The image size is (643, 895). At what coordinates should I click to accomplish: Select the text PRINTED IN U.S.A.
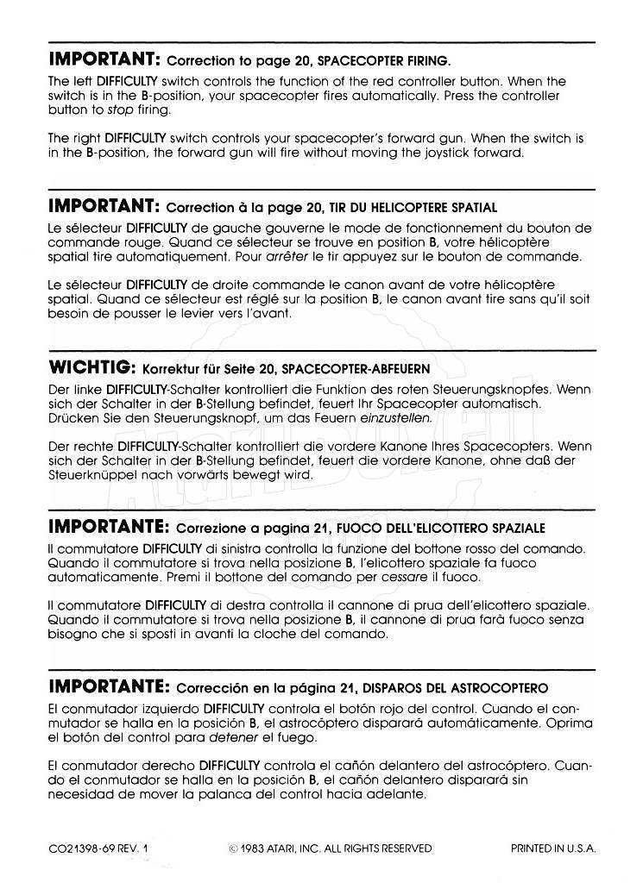[x=553, y=848]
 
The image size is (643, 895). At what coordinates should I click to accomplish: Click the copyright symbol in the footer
[x=233, y=848]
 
